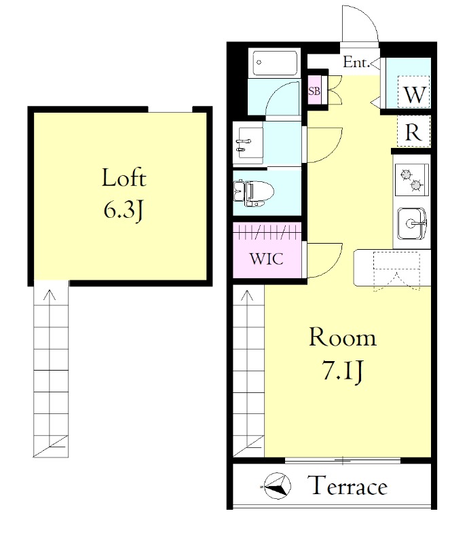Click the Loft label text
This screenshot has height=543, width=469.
[124, 178]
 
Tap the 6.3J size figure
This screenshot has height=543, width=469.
[124, 210]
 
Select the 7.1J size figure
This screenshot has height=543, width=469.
[343, 371]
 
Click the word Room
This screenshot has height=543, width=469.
[342, 337]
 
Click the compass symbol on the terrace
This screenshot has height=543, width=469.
[277, 486]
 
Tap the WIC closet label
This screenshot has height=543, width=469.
[266, 259]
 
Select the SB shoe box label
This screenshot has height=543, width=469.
[314, 91]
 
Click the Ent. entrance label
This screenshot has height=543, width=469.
[356, 62]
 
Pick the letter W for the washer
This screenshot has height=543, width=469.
[414, 94]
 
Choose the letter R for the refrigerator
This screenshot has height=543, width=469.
[413, 132]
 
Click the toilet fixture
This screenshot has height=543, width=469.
[254, 193]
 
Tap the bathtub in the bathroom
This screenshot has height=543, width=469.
[275, 63]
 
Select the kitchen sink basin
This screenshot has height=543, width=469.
[411, 223]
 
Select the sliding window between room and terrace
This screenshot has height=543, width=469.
[343, 461]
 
